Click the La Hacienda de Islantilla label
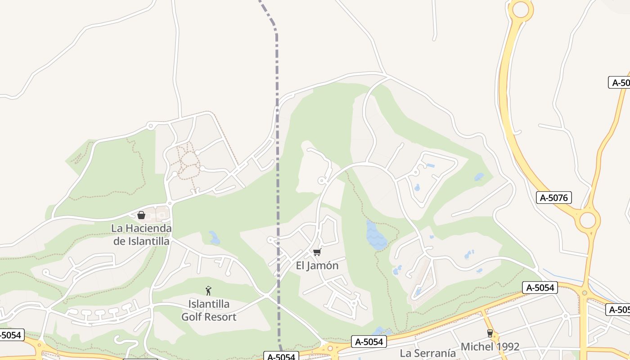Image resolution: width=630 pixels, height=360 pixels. [141, 235]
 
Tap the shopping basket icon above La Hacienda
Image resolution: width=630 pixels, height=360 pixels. [141, 215]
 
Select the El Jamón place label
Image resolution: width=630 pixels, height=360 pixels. [317, 265]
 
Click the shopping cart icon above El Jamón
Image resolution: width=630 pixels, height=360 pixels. [317, 252]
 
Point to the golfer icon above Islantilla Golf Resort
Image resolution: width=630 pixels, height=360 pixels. [208, 291]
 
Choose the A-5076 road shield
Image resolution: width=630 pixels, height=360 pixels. [554, 198]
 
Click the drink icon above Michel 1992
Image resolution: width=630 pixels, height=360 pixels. [490, 333]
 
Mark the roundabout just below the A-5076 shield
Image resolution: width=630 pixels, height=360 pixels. [587, 220]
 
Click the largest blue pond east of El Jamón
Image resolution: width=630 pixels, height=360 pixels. [376, 236]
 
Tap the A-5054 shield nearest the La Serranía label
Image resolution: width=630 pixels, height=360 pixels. [369, 342]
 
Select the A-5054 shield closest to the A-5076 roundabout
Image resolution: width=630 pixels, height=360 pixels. [540, 288]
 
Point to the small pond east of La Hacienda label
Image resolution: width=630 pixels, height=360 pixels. [214, 238]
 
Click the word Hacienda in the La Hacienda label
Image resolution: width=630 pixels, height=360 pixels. [148, 229]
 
